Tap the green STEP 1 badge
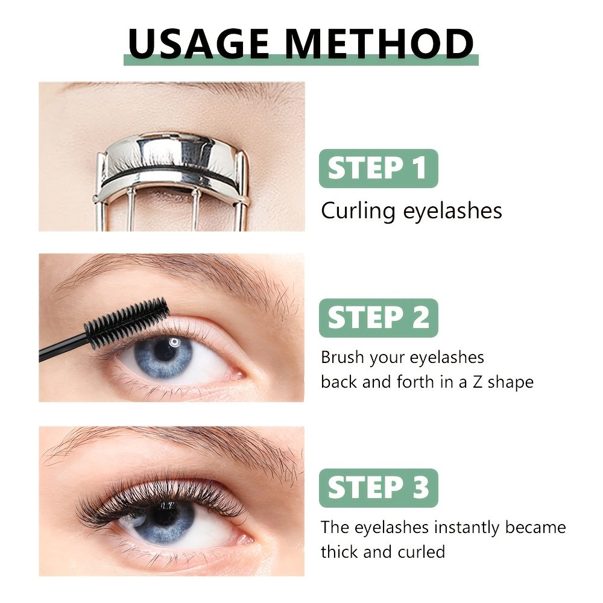point(379,168)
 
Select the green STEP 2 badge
point(379,318)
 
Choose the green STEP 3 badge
point(379,488)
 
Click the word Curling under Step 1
point(358,212)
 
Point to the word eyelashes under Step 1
point(452,212)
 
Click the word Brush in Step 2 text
point(343,357)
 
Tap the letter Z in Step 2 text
point(477,382)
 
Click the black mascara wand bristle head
point(127,321)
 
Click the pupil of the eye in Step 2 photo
point(165,350)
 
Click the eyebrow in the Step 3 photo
point(173,446)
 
